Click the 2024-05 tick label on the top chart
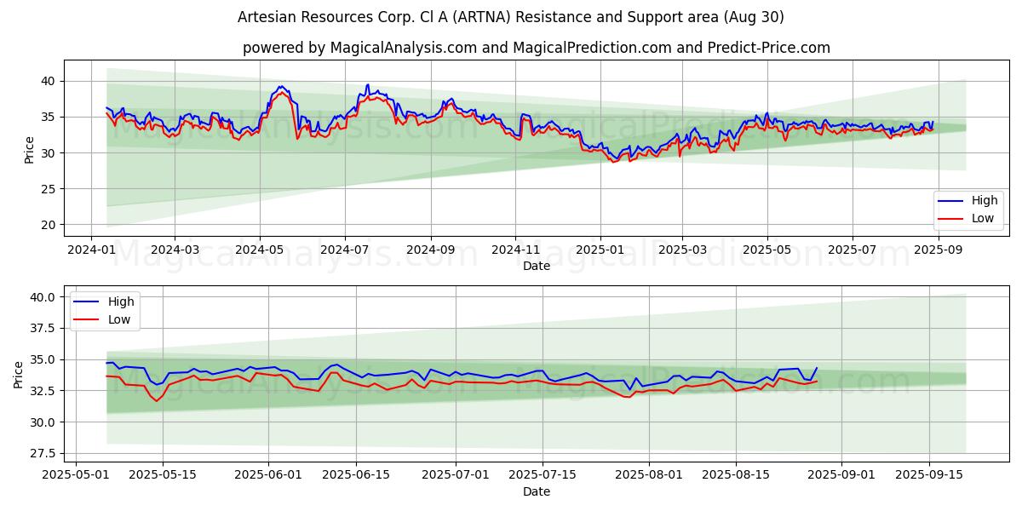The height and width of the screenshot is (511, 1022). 259,250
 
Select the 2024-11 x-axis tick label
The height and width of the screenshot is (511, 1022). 514,250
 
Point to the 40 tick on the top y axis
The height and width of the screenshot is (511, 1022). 48,81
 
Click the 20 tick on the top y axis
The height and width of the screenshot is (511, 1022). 48,225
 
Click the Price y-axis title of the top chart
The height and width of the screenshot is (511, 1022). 30,150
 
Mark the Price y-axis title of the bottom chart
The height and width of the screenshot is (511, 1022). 19,375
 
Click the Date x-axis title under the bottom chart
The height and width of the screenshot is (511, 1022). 537,491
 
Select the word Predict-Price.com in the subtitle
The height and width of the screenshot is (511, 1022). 771,48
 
